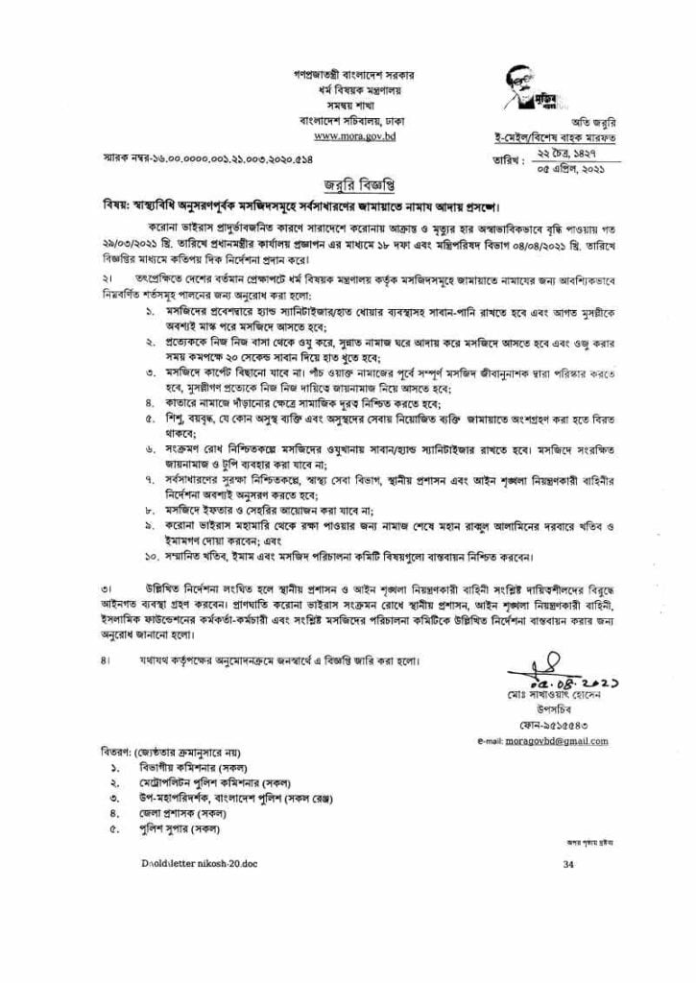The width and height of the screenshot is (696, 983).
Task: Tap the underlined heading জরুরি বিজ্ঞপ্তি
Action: (x=348, y=185)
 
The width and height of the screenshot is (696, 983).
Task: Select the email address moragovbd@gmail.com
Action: (x=544, y=742)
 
